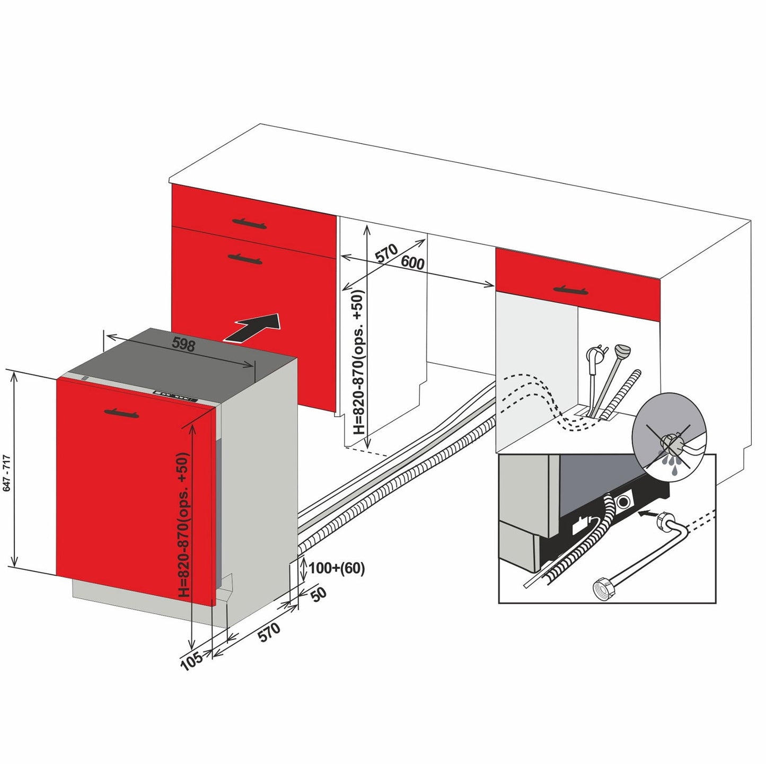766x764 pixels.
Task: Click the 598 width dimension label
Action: [x=183, y=345]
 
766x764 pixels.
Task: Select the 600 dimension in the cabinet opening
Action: [x=412, y=262]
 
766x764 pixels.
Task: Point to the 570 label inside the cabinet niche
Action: [x=386, y=253]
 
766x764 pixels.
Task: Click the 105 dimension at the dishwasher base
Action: [x=191, y=660]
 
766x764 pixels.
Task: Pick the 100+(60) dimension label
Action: [x=337, y=568]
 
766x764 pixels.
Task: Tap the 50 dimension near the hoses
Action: [x=318, y=595]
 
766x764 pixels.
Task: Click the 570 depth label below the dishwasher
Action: [x=269, y=632]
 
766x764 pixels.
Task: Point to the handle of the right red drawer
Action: [x=571, y=289]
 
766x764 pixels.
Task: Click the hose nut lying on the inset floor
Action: [x=600, y=588]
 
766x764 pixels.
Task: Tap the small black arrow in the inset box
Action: [x=647, y=513]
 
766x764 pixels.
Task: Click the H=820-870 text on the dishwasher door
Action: [x=183, y=524]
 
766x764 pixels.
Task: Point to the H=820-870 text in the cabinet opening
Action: [x=359, y=362]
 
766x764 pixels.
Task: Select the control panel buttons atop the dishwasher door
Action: [x=175, y=396]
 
